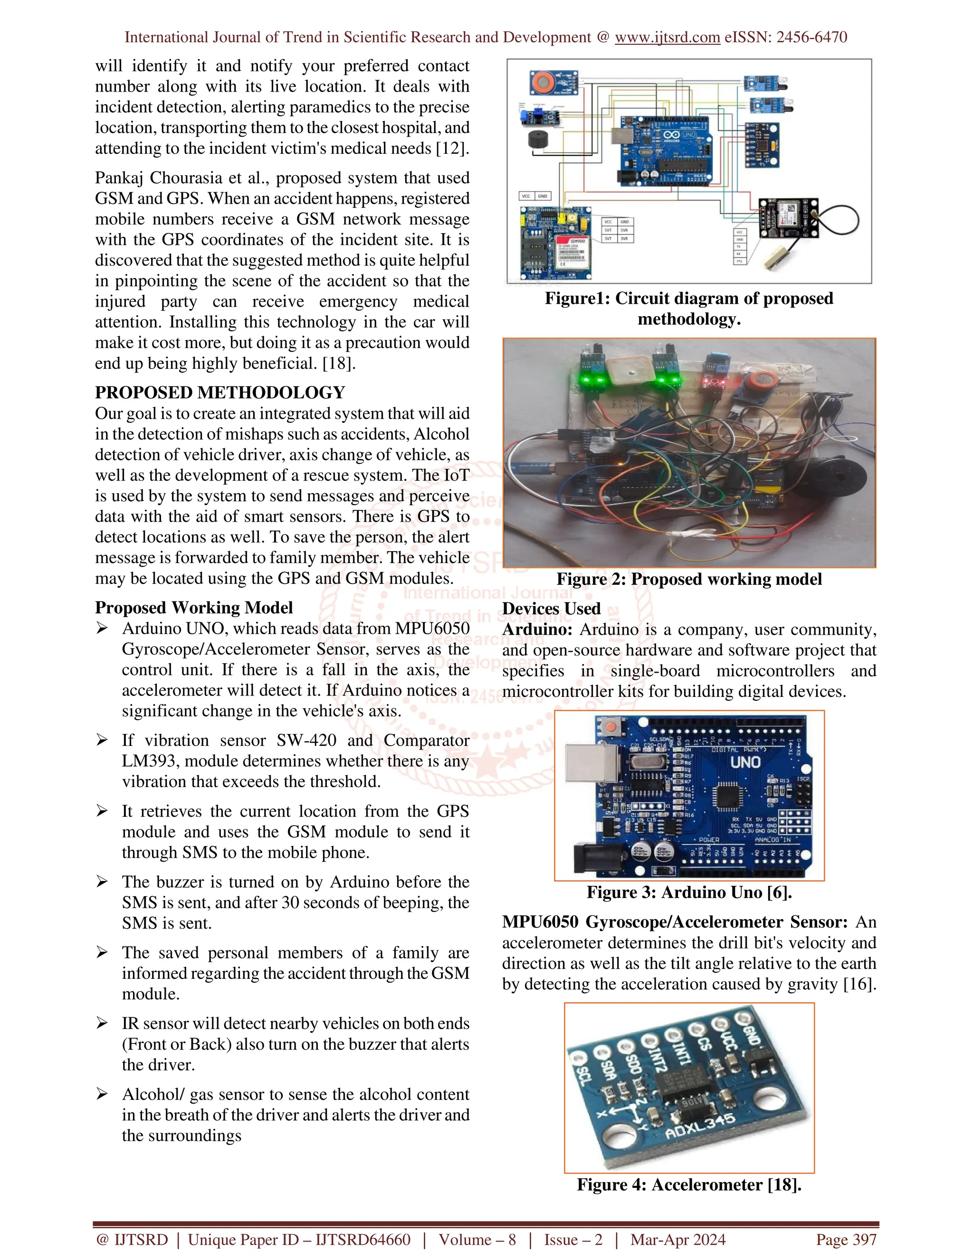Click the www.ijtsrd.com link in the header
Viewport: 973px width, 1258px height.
pos(667,38)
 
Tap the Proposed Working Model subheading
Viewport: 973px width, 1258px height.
pos(194,608)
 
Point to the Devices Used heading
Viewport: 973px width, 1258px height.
pos(551,609)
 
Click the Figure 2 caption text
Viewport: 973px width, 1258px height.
pos(689,579)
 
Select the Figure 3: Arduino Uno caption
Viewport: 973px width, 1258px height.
pos(689,892)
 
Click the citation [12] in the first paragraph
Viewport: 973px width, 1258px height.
pos(452,149)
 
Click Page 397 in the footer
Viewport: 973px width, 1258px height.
pos(846,1239)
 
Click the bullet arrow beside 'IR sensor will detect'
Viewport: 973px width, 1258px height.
pos(102,1023)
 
